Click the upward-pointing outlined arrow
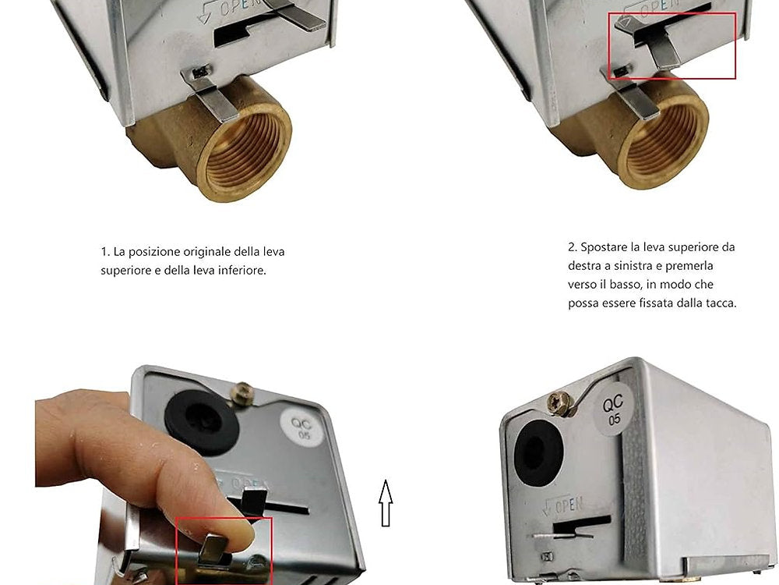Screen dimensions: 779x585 [x=386, y=503]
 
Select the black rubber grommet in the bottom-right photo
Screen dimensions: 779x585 [x=538, y=453]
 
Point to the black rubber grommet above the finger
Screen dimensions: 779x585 [x=202, y=421]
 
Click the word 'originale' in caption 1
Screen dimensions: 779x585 [x=207, y=252]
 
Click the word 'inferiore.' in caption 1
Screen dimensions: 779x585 [x=242, y=271]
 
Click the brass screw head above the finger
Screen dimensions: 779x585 [x=242, y=393]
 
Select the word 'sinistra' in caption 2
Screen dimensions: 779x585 [x=638, y=266]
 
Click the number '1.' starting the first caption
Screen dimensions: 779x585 [x=105, y=252]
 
